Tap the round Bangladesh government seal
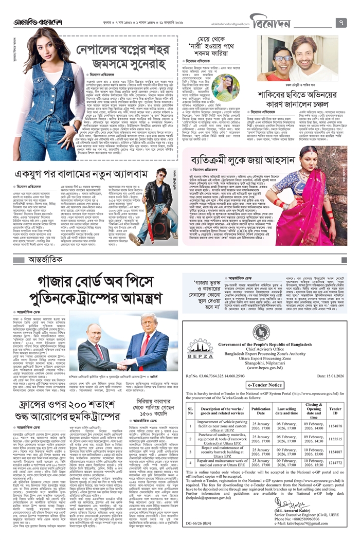(x=261, y=332)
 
